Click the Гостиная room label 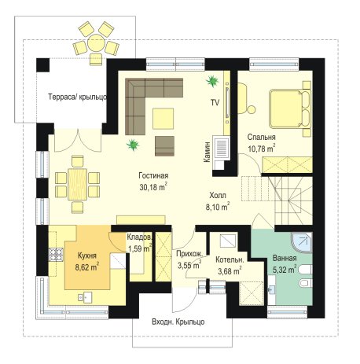click(x=153, y=175)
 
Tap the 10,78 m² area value click(x=261, y=149)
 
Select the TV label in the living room click(x=215, y=103)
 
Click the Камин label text click(x=207, y=152)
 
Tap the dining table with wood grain click(x=77, y=184)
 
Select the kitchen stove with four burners click(x=56, y=255)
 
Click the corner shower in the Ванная click(x=302, y=242)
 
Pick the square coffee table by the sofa click(x=163, y=119)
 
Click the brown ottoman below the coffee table click(x=164, y=146)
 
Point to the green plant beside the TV click(x=212, y=81)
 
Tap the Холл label click(x=218, y=196)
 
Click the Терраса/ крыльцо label click(x=78, y=97)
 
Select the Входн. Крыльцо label click(x=178, y=322)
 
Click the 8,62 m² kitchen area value click(x=87, y=267)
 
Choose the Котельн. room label click(x=230, y=260)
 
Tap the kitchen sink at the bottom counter click(x=85, y=297)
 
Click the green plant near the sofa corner click(x=133, y=145)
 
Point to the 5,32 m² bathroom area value click(x=285, y=270)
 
